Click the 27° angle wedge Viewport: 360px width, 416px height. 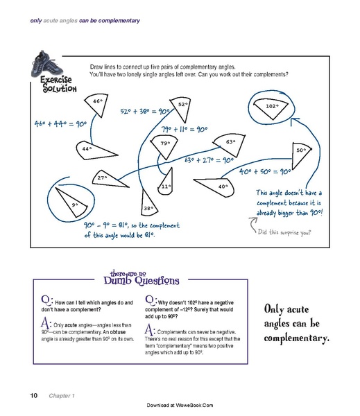pyautogui.click(x=111, y=180)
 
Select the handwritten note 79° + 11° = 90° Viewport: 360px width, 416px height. pyautogui.click(x=185, y=130)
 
